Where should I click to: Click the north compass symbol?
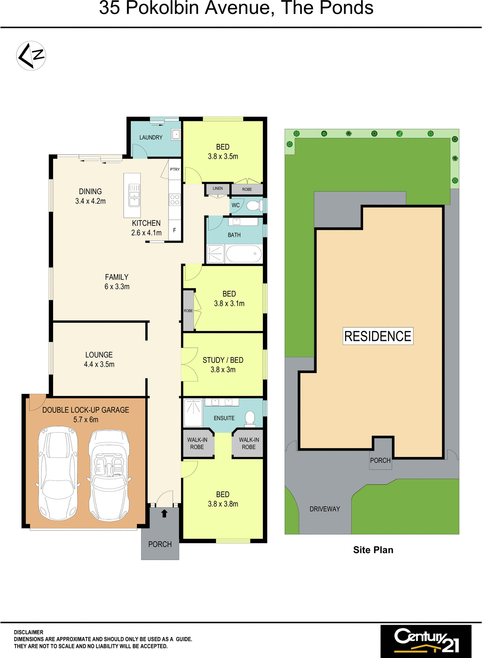(x=31, y=56)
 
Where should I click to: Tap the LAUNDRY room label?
(x=151, y=137)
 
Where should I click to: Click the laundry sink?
(x=176, y=134)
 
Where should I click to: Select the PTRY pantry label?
(x=175, y=169)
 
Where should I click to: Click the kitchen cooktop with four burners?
(x=175, y=200)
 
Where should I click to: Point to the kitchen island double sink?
(x=134, y=195)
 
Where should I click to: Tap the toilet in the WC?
(x=254, y=206)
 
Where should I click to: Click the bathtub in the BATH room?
(x=244, y=254)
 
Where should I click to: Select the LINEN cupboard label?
(x=218, y=189)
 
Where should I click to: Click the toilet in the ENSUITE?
(x=250, y=418)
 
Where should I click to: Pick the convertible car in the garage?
(x=109, y=475)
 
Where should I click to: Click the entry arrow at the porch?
(x=164, y=514)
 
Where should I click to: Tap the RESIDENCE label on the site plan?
(x=378, y=336)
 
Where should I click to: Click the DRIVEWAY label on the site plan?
(x=324, y=509)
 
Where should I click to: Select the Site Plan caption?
(x=373, y=550)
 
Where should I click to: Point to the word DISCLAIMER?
(x=28, y=632)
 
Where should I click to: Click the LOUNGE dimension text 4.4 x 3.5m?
(x=99, y=364)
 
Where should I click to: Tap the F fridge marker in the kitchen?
(x=174, y=230)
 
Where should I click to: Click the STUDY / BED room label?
(x=223, y=360)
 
